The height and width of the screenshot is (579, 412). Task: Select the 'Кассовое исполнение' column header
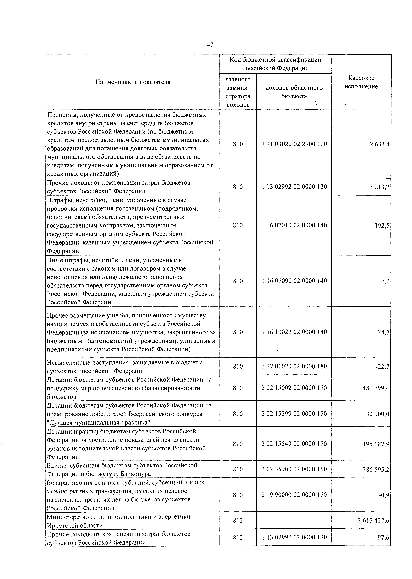point(361,82)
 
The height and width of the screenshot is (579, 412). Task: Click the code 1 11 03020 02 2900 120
point(294,144)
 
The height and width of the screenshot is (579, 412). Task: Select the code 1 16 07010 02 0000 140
point(294,225)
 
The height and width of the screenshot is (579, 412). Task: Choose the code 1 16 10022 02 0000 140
point(294,332)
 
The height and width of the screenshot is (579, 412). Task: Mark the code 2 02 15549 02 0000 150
point(294,444)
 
